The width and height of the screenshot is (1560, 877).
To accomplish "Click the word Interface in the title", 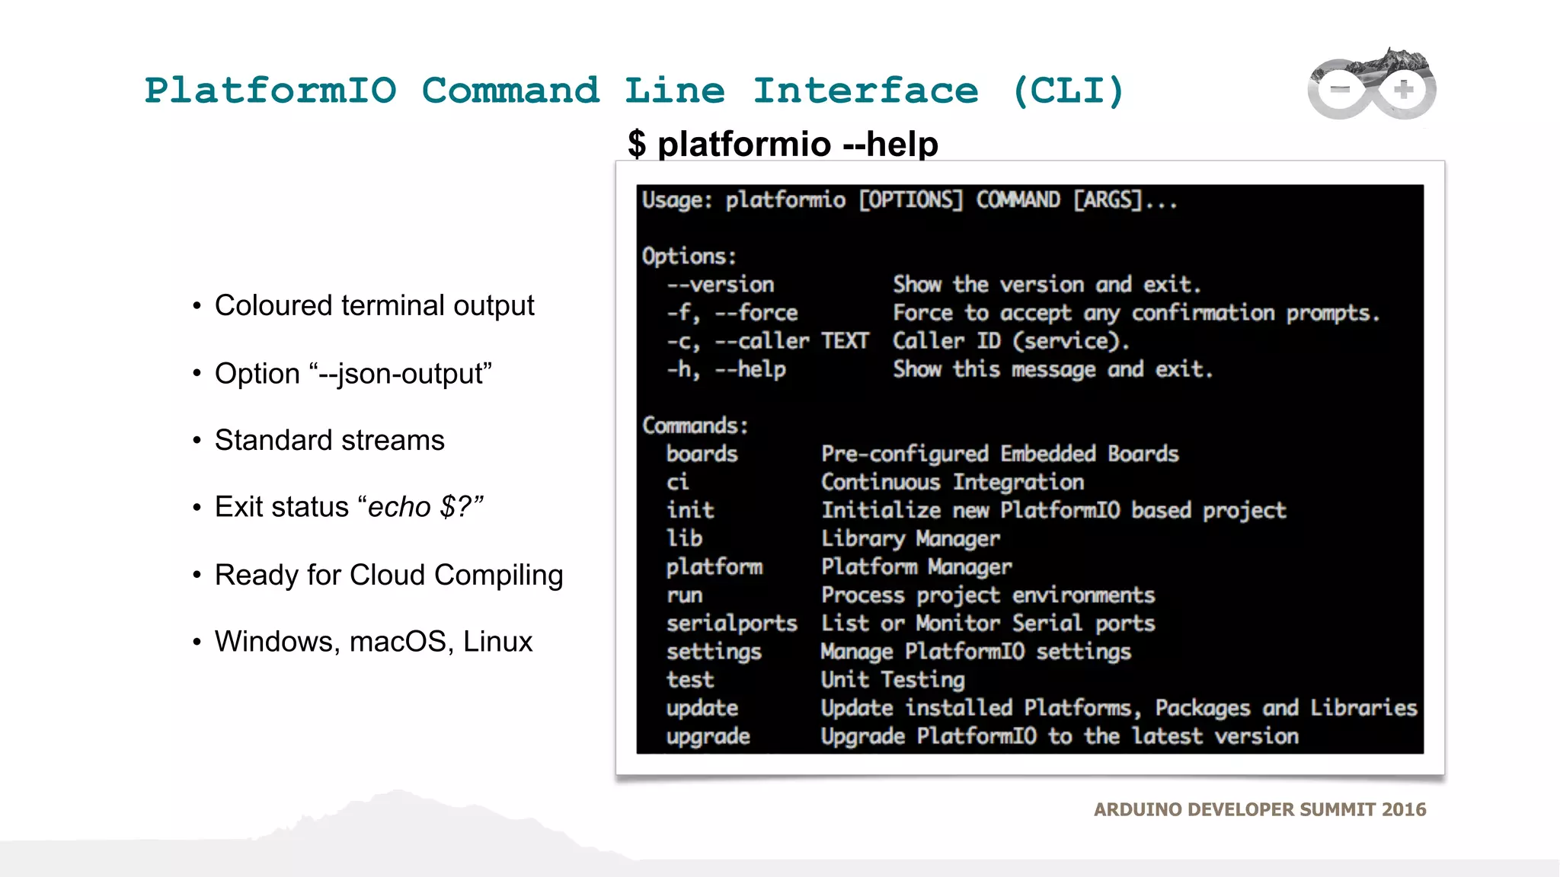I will pos(865,91).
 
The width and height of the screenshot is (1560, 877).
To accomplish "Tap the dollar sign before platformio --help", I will pos(637,144).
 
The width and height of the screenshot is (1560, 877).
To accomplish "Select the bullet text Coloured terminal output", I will pos(374,305).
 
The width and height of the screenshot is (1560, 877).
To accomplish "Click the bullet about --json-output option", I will pos(353,374).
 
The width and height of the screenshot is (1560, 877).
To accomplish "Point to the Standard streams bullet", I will pos(329,440).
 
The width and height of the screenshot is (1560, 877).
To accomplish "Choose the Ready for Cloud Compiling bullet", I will pos(388,575).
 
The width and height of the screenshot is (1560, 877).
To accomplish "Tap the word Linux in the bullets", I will pos(497,642).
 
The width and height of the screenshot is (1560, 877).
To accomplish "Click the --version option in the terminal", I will pos(721,285).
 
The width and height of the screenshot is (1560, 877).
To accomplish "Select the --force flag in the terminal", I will pos(756,313).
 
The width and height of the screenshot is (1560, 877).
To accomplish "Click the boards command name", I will pos(702,454).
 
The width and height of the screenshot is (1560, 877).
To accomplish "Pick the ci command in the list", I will pos(677,483).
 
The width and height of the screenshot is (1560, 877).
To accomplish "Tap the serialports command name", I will pos(731,623).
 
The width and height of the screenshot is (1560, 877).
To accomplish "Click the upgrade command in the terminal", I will pos(708,737).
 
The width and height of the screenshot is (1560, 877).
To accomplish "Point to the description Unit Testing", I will pos(892,680).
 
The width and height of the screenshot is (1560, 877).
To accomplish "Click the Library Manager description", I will pos(910,539).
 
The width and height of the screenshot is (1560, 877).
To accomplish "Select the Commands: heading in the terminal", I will pos(695,426).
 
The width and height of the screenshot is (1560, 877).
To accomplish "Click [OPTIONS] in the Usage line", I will pos(910,200).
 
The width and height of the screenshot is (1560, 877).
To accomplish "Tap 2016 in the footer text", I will pos(1403,809).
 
